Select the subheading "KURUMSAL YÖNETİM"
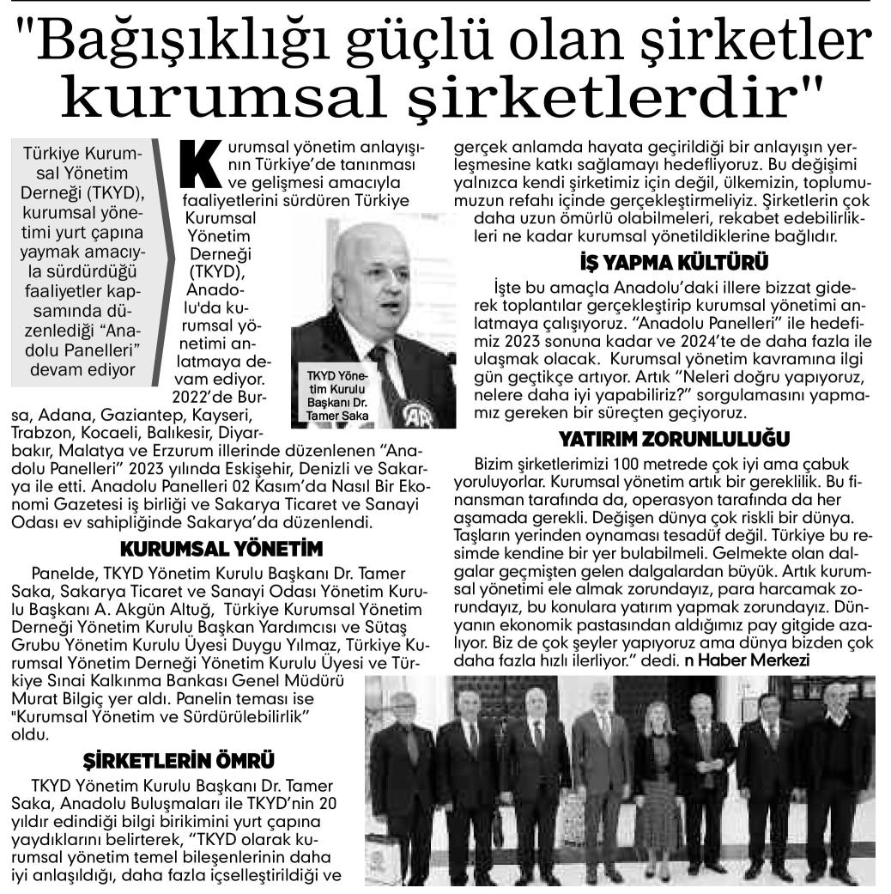click(x=221, y=549)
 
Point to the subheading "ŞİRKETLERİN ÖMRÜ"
click(x=179, y=761)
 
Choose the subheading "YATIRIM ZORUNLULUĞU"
click(x=674, y=439)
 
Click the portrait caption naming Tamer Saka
click(x=330, y=396)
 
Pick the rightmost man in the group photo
click(x=835, y=781)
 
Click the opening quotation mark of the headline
click(x=28, y=39)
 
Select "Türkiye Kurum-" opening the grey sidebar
click(x=82, y=155)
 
